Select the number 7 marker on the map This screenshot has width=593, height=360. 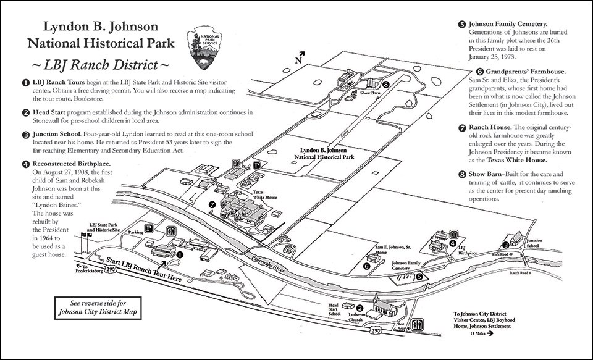pyautogui.click(x=212, y=204)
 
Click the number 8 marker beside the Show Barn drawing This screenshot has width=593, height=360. pyautogui.click(x=386, y=85)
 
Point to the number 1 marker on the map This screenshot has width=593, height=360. pyautogui.click(x=180, y=253)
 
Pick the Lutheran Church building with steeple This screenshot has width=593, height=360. pyautogui.click(x=379, y=309)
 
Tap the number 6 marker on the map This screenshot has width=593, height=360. pyautogui.click(x=366, y=266)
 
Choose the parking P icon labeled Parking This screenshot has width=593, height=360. pyautogui.click(x=148, y=228)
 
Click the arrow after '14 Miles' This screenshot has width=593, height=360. pyautogui.click(x=490, y=333)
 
